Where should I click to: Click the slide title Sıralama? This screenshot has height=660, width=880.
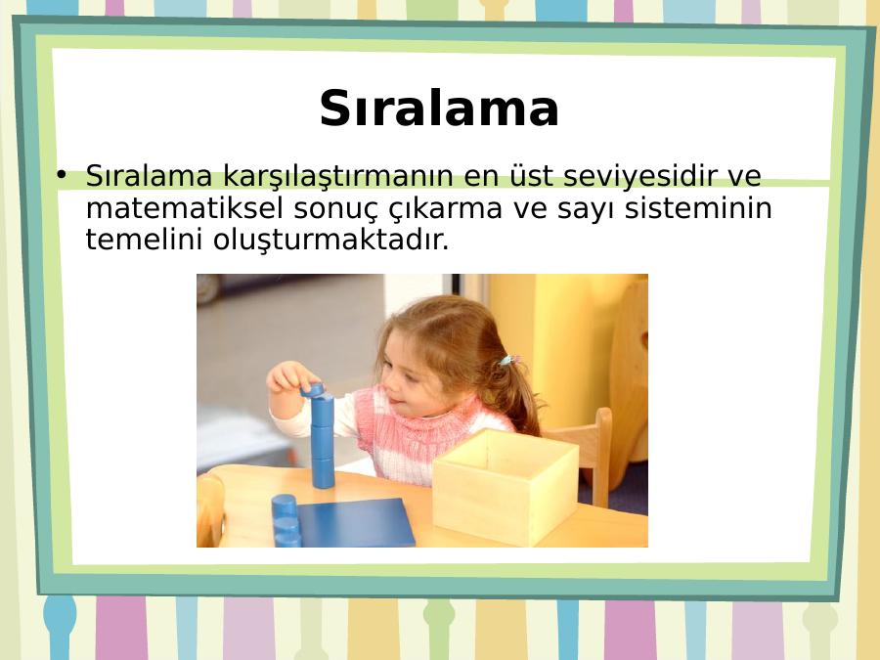tap(439, 109)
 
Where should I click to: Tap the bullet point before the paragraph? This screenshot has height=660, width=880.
tap(62, 174)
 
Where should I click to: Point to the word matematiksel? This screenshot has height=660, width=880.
tap(184, 208)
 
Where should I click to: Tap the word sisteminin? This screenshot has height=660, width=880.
tap(699, 208)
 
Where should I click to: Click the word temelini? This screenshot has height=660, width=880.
tap(144, 240)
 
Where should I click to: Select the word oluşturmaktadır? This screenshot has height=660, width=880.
tap(331, 242)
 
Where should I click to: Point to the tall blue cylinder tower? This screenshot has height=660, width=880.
tap(322, 437)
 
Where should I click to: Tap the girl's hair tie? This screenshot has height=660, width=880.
tap(508, 360)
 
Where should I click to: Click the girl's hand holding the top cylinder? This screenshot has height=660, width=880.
tap(290, 376)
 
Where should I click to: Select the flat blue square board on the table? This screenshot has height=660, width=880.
tap(355, 523)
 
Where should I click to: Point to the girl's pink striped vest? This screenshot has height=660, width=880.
tap(426, 435)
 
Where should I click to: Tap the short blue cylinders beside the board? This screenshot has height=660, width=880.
tap(286, 520)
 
